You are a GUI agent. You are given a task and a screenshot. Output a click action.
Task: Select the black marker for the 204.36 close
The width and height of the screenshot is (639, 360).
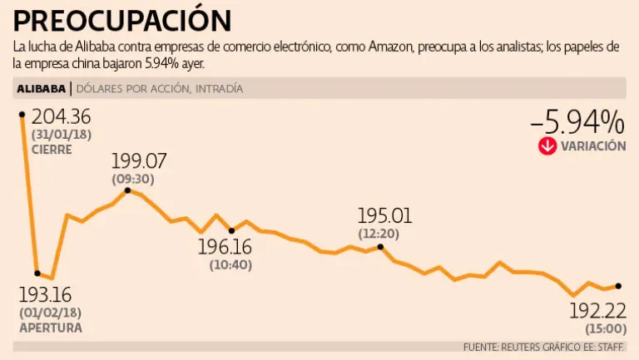tap(22, 114)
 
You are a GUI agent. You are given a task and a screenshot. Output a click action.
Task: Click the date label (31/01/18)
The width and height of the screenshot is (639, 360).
tap(61, 135)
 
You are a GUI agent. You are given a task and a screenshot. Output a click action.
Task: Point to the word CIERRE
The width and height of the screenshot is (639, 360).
tap(52, 150)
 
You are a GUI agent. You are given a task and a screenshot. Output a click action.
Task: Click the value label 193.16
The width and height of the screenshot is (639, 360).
tap(46, 294)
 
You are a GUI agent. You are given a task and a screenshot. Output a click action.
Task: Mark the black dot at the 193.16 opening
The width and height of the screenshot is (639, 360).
tap(37, 273)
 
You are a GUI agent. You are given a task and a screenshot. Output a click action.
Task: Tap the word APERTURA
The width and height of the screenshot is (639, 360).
tap(50, 328)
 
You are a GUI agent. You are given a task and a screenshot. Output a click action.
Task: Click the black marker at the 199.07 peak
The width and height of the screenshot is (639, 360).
tap(127, 190)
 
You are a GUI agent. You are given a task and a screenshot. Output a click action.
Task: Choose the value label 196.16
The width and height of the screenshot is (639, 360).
tap(225, 247)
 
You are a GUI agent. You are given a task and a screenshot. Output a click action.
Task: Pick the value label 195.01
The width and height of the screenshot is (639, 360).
tap(384, 216)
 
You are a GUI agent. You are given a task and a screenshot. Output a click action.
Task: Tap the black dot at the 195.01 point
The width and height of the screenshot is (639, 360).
tap(380, 246)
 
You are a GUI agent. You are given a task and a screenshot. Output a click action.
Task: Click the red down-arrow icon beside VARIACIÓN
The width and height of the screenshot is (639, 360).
tap(547, 146)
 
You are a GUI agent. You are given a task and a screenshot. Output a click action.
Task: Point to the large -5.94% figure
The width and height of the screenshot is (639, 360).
tap(577, 122)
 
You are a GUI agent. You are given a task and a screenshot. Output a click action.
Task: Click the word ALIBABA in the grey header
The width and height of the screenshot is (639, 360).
tap(41, 88)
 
